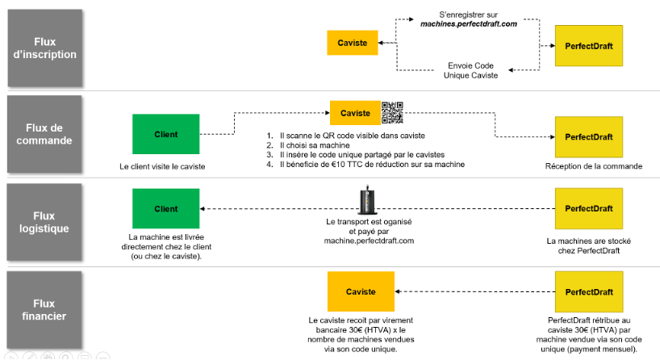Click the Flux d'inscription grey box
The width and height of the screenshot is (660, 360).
[44, 48]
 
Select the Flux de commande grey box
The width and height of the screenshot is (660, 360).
[44, 134]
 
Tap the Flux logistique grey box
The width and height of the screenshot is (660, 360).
[44, 222]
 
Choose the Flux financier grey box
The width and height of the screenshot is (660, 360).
[44, 309]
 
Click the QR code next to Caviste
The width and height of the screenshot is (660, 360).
[392, 113]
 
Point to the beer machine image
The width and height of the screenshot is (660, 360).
[367, 199]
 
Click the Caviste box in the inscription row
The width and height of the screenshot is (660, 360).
[353, 43]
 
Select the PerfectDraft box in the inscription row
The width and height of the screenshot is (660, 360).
[589, 46]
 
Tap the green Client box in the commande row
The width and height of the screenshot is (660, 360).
[166, 134]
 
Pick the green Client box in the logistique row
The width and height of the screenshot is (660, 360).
[166, 208]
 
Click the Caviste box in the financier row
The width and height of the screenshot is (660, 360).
[361, 291]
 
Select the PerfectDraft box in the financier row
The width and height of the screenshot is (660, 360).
[589, 291]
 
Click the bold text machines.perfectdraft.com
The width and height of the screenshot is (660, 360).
[469, 24]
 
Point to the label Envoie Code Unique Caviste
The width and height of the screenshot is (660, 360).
[470, 70]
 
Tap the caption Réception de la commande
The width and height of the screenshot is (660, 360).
[594, 166]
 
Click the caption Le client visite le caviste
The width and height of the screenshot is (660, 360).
[162, 167]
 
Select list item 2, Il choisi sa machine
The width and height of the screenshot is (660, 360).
[308, 145]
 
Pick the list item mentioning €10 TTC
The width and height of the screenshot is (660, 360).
[366, 164]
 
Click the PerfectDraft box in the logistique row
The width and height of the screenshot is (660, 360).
[589, 208]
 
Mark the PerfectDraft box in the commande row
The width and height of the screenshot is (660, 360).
[589, 137]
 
